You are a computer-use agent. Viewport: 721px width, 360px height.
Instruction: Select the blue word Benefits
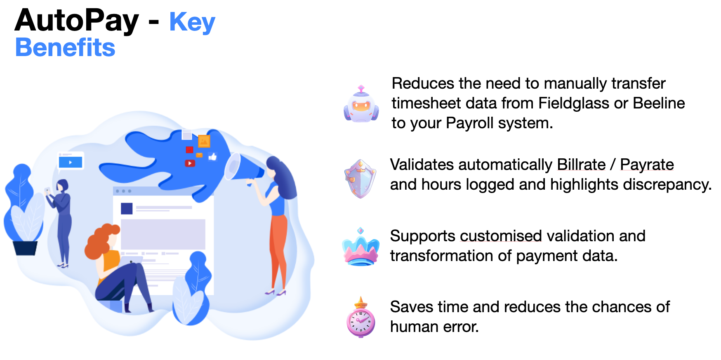click(65, 47)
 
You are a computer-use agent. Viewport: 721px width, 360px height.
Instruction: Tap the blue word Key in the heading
click(192, 22)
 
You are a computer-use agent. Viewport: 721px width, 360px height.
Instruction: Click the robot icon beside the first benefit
click(361, 105)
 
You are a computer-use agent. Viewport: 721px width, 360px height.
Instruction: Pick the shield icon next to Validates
click(360, 179)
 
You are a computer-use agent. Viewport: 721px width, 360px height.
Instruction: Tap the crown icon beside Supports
click(360, 247)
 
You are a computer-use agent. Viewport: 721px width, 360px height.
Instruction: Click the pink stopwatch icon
click(361, 318)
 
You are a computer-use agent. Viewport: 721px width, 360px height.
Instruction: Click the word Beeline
click(659, 103)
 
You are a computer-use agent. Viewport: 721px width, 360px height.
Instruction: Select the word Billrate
click(581, 165)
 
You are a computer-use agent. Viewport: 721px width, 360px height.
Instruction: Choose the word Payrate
click(647, 165)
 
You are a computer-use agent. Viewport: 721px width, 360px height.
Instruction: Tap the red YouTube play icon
click(190, 163)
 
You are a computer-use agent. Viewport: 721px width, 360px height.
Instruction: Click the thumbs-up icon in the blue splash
click(213, 156)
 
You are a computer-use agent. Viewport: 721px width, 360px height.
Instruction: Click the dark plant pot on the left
click(25, 248)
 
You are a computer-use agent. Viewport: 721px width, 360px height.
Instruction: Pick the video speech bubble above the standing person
click(71, 162)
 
